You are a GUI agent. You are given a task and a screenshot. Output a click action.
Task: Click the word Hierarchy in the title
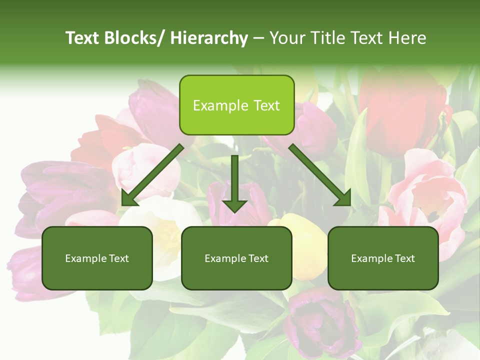pyautogui.click(x=209, y=38)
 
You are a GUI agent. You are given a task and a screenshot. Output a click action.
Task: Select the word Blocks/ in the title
pyautogui.click(x=136, y=38)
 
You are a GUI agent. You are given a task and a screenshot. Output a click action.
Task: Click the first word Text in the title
pyautogui.click(x=84, y=38)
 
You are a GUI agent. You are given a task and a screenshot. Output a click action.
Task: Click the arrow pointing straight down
pyautogui.click(x=234, y=180)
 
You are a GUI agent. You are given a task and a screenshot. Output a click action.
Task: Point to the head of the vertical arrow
pyautogui.click(x=234, y=205)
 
